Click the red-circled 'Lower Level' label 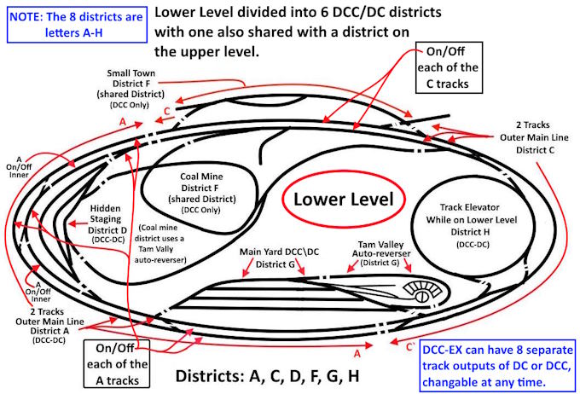343,200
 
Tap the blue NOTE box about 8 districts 77,25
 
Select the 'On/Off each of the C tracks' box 449,67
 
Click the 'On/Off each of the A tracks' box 117,363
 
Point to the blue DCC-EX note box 498,366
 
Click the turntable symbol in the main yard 421,293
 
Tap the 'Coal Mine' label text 201,177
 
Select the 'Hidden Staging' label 106,213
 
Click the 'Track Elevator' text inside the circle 469,207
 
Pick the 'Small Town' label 131,72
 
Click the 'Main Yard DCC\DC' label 279,252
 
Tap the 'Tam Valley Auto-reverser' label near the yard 381,249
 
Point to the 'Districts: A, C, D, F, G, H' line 267,376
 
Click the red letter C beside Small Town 167,111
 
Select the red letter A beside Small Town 123,121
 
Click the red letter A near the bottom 357,354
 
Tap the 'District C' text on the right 535,150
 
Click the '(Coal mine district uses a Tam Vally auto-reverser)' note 159,243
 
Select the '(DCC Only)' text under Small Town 130,105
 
